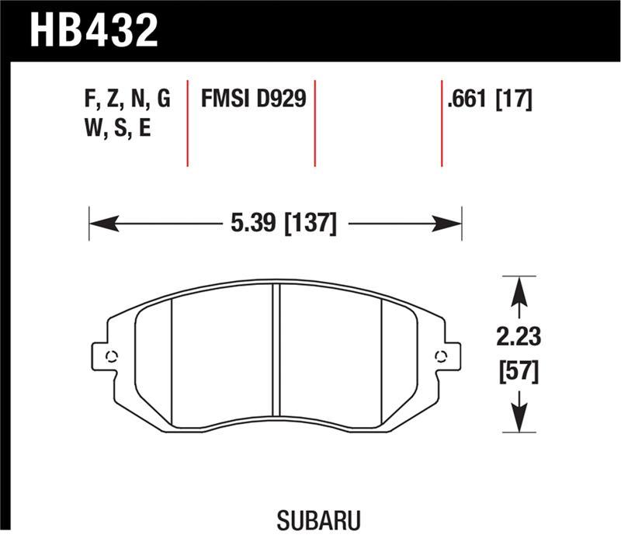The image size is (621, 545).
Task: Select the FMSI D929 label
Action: (254, 99)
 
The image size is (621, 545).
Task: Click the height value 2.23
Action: (519, 338)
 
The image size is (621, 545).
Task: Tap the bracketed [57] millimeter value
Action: (519, 373)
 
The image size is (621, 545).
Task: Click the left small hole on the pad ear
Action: (111, 357)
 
